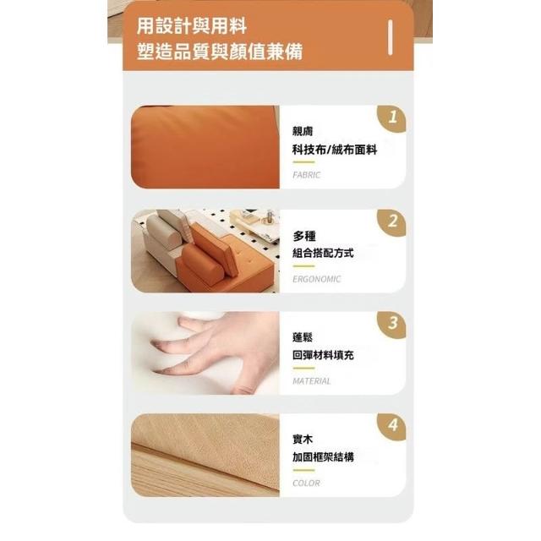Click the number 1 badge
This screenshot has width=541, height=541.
(392, 118)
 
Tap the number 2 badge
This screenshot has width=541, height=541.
(392, 221)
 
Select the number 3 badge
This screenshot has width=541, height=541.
(392, 324)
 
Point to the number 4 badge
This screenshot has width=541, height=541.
(392, 426)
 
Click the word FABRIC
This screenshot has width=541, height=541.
(306, 175)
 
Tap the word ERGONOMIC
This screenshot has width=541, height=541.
(316, 279)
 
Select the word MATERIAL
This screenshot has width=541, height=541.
(312, 381)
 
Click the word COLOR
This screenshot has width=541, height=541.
(306, 483)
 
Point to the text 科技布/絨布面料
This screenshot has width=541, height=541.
(335, 150)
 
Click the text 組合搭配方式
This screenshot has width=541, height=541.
(323, 253)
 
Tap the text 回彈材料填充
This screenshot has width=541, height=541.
(323, 355)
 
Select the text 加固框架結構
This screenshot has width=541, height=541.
(323, 457)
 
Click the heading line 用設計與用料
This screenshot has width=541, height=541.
(192, 26)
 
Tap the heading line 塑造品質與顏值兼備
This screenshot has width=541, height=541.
(220, 52)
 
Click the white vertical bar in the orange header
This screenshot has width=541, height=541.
(391, 37)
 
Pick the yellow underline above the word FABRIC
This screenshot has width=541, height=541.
(303, 162)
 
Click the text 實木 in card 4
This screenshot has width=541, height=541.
(303, 440)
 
